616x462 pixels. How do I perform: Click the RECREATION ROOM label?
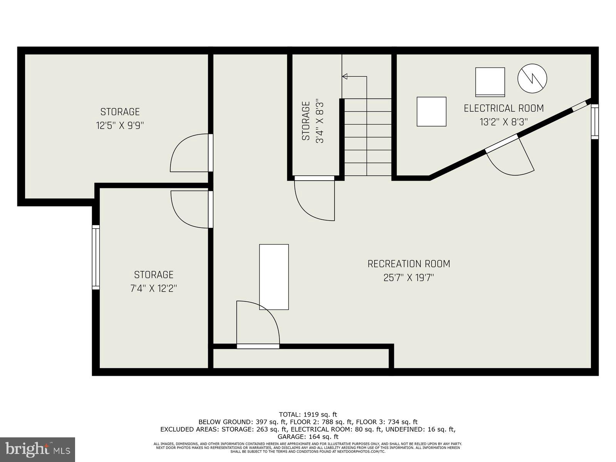pos(408,264)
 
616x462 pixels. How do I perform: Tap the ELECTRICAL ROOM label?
pos(504,108)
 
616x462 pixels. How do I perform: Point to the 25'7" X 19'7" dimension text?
pos(408,278)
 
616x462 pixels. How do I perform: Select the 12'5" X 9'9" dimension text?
pos(120,126)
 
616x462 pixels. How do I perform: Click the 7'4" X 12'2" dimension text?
pos(154,288)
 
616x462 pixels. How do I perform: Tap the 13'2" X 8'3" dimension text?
pos(504,122)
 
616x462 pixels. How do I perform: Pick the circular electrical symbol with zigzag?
pos(532,78)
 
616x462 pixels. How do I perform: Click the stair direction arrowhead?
pos(345,76)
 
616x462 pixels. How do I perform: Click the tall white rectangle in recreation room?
pos(274,277)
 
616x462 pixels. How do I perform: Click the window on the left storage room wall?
pos(95,257)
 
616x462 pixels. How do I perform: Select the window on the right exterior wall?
pos(595,121)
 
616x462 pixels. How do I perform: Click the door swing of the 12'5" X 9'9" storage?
pos(189,153)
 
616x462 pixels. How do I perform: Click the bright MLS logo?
pos(38,449)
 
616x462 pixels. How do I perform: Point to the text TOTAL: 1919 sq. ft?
pos(308,415)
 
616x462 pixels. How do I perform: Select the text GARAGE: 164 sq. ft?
pos(308,437)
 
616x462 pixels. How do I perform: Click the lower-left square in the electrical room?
pos(431,112)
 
